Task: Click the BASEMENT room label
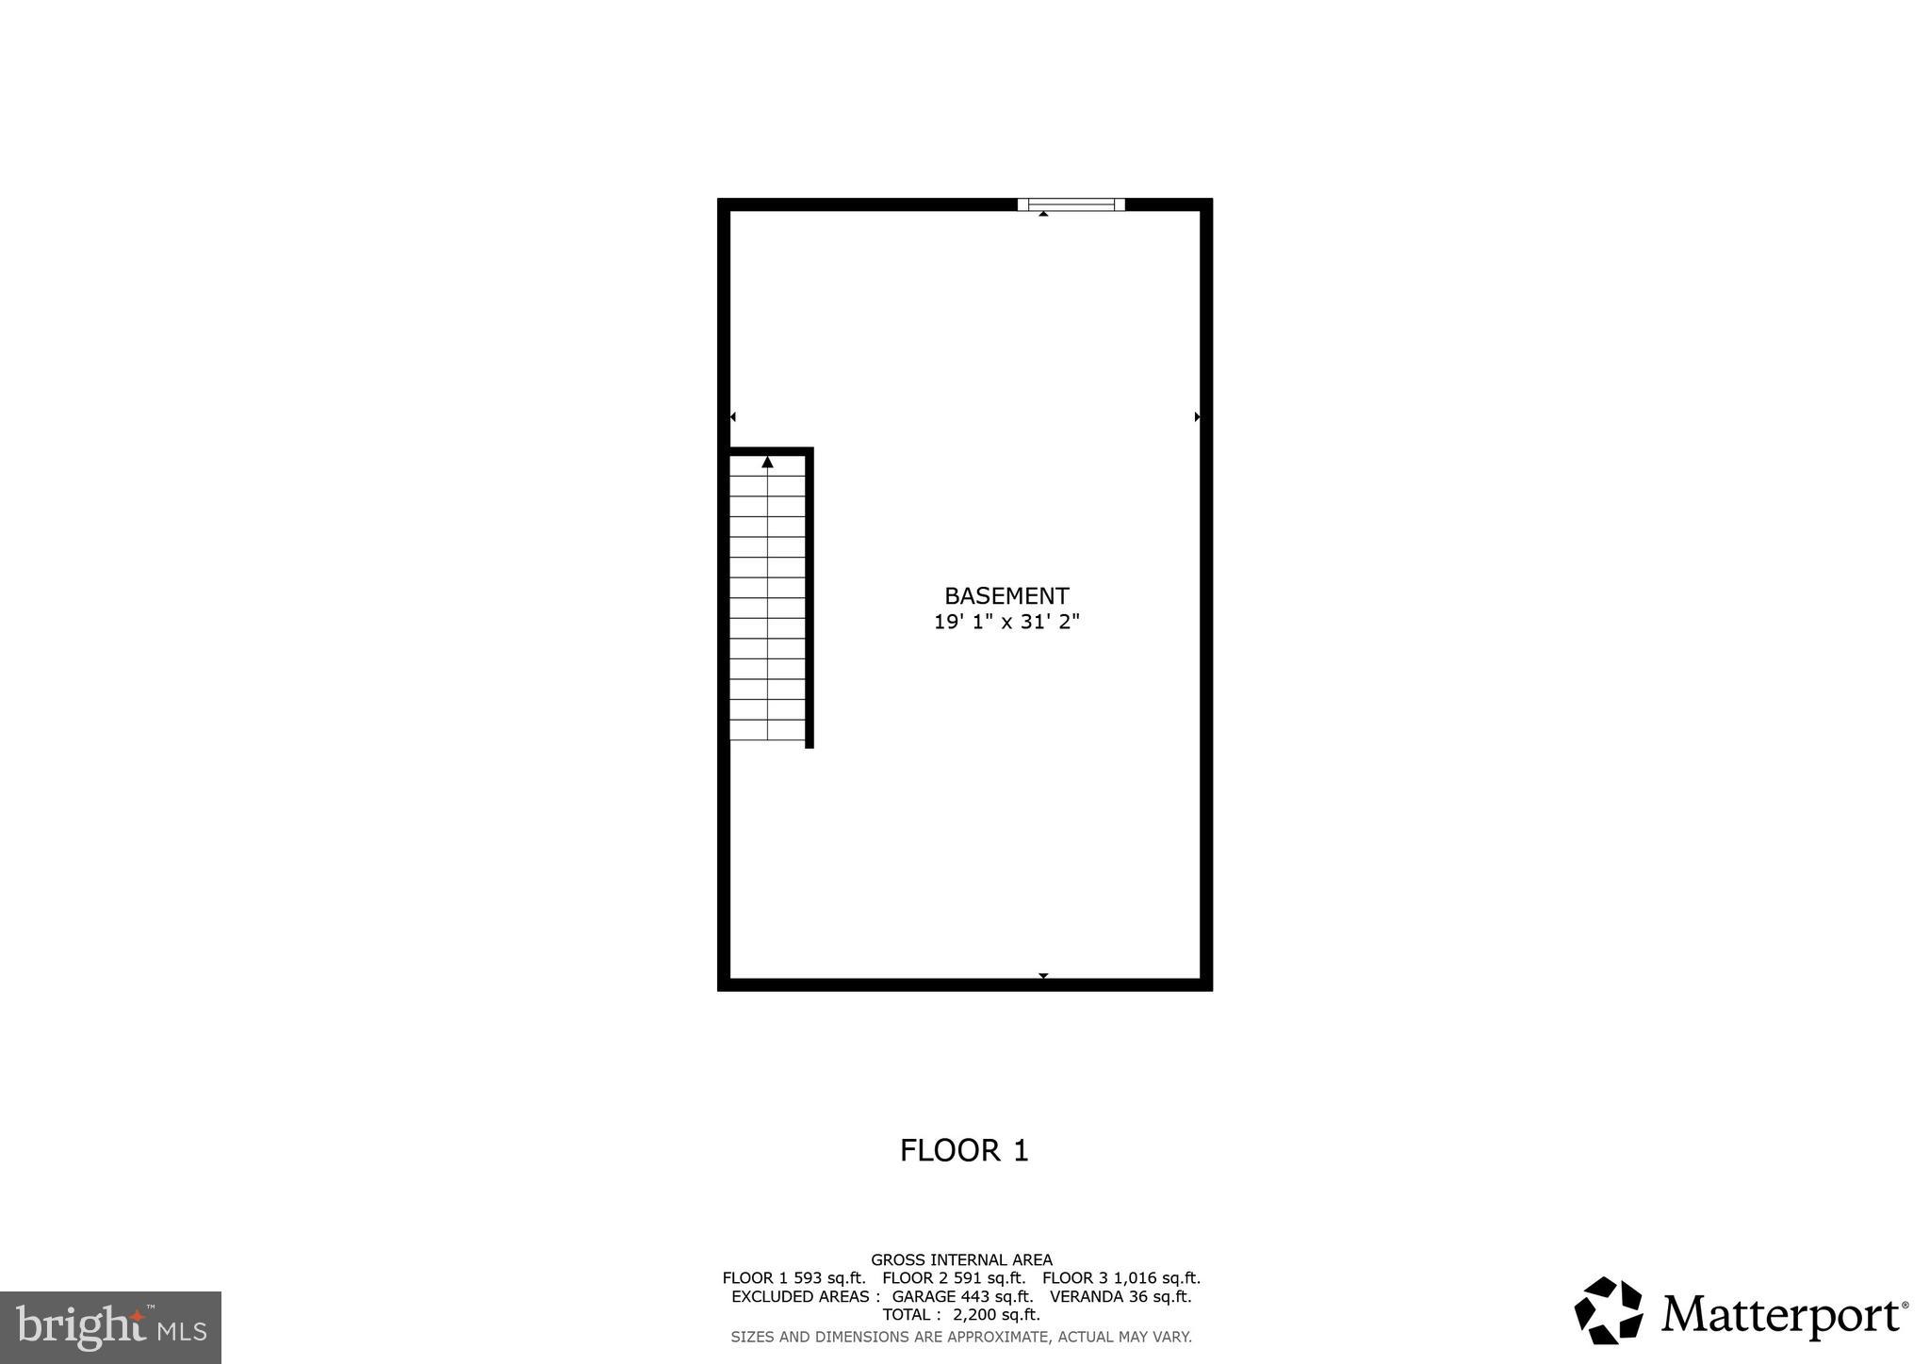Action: tap(1006, 596)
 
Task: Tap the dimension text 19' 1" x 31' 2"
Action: tap(1006, 622)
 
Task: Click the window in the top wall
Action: tap(1071, 204)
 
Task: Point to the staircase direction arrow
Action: tap(767, 463)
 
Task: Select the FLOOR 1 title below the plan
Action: tap(964, 1150)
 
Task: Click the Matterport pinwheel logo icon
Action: tap(1609, 1310)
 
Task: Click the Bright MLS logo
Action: tap(111, 1327)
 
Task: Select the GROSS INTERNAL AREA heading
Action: tap(961, 1259)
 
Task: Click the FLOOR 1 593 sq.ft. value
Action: tap(793, 1278)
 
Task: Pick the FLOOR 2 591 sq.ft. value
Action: tap(954, 1278)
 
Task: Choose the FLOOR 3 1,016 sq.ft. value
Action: tap(1121, 1278)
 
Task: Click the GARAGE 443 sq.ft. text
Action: tap(962, 1296)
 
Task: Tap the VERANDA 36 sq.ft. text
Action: tap(1120, 1296)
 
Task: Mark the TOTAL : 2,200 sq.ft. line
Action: tap(961, 1314)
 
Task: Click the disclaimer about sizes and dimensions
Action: tap(961, 1337)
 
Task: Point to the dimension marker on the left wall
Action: tap(732, 416)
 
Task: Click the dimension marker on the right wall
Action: tap(1198, 416)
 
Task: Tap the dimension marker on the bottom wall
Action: tap(1043, 976)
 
